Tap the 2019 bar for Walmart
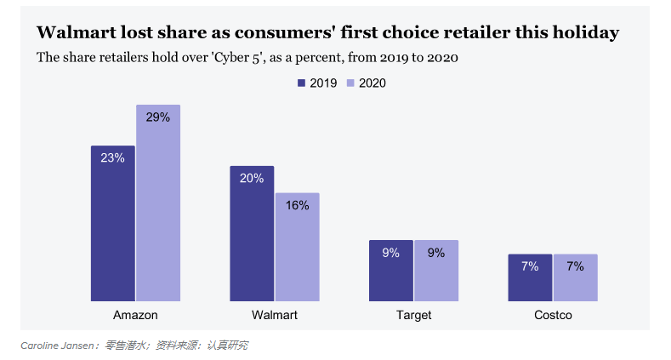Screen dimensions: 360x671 click(x=252, y=233)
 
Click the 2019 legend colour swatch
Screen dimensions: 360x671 click(x=301, y=83)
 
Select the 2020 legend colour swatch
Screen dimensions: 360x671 click(x=350, y=83)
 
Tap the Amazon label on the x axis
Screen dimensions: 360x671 click(x=135, y=315)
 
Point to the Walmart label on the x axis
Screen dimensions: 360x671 click(x=275, y=315)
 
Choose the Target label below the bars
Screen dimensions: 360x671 click(x=413, y=315)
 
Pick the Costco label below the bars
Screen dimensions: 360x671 click(x=553, y=315)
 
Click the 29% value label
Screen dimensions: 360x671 click(x=158, y=117)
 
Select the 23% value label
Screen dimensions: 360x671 click(x=112, y=157)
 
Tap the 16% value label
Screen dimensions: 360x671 click(x=298, y=205)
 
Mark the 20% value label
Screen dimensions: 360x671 click(x=252, y=179)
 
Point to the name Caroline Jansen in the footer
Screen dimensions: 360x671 click(x=58, y=346)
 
